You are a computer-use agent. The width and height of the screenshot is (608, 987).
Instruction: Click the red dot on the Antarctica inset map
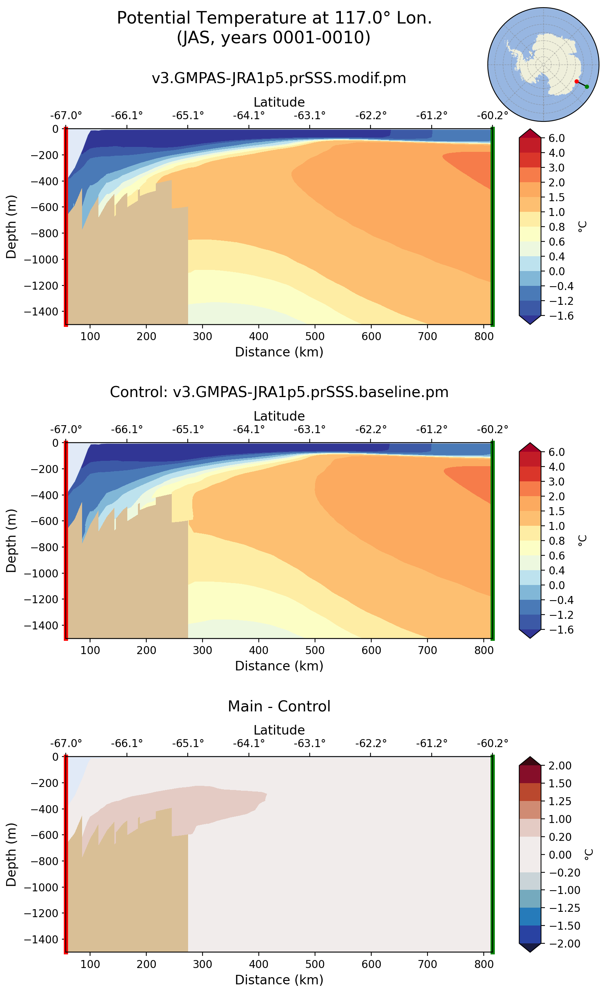[x=576, y=82]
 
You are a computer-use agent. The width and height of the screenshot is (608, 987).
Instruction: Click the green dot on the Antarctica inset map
[x=587, y=87]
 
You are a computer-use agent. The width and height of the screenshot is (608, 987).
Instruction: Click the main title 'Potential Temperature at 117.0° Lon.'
[x=274, y=18]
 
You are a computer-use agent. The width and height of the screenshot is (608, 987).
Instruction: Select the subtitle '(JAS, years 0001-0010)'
[x=274, y=38]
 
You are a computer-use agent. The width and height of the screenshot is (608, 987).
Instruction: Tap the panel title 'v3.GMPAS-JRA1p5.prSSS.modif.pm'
[x=279, y=78]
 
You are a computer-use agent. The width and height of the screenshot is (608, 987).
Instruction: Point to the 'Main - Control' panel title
[x=279, y=706]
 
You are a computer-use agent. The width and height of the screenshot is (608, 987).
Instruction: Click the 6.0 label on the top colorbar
[x=557, y=138]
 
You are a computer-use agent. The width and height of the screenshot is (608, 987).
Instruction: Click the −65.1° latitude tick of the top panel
[x=188, y=116]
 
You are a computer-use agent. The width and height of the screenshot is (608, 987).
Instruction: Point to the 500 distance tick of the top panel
[x=315, y=336]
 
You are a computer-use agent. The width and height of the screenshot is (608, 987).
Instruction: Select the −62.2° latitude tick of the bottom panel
[x=370, y=743]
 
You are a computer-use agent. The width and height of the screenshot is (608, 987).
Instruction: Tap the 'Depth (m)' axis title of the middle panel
[x=11, y=541]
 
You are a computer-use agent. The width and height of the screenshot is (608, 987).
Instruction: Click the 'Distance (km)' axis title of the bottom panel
[x=279, y=980]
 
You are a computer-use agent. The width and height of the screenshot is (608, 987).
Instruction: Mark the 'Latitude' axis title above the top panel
[x=279, y=102]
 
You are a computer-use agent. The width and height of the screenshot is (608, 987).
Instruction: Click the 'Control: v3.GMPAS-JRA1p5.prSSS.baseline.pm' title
[x=279, y=392]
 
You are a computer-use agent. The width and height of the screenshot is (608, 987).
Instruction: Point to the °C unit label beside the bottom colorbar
[x=588, y=854]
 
